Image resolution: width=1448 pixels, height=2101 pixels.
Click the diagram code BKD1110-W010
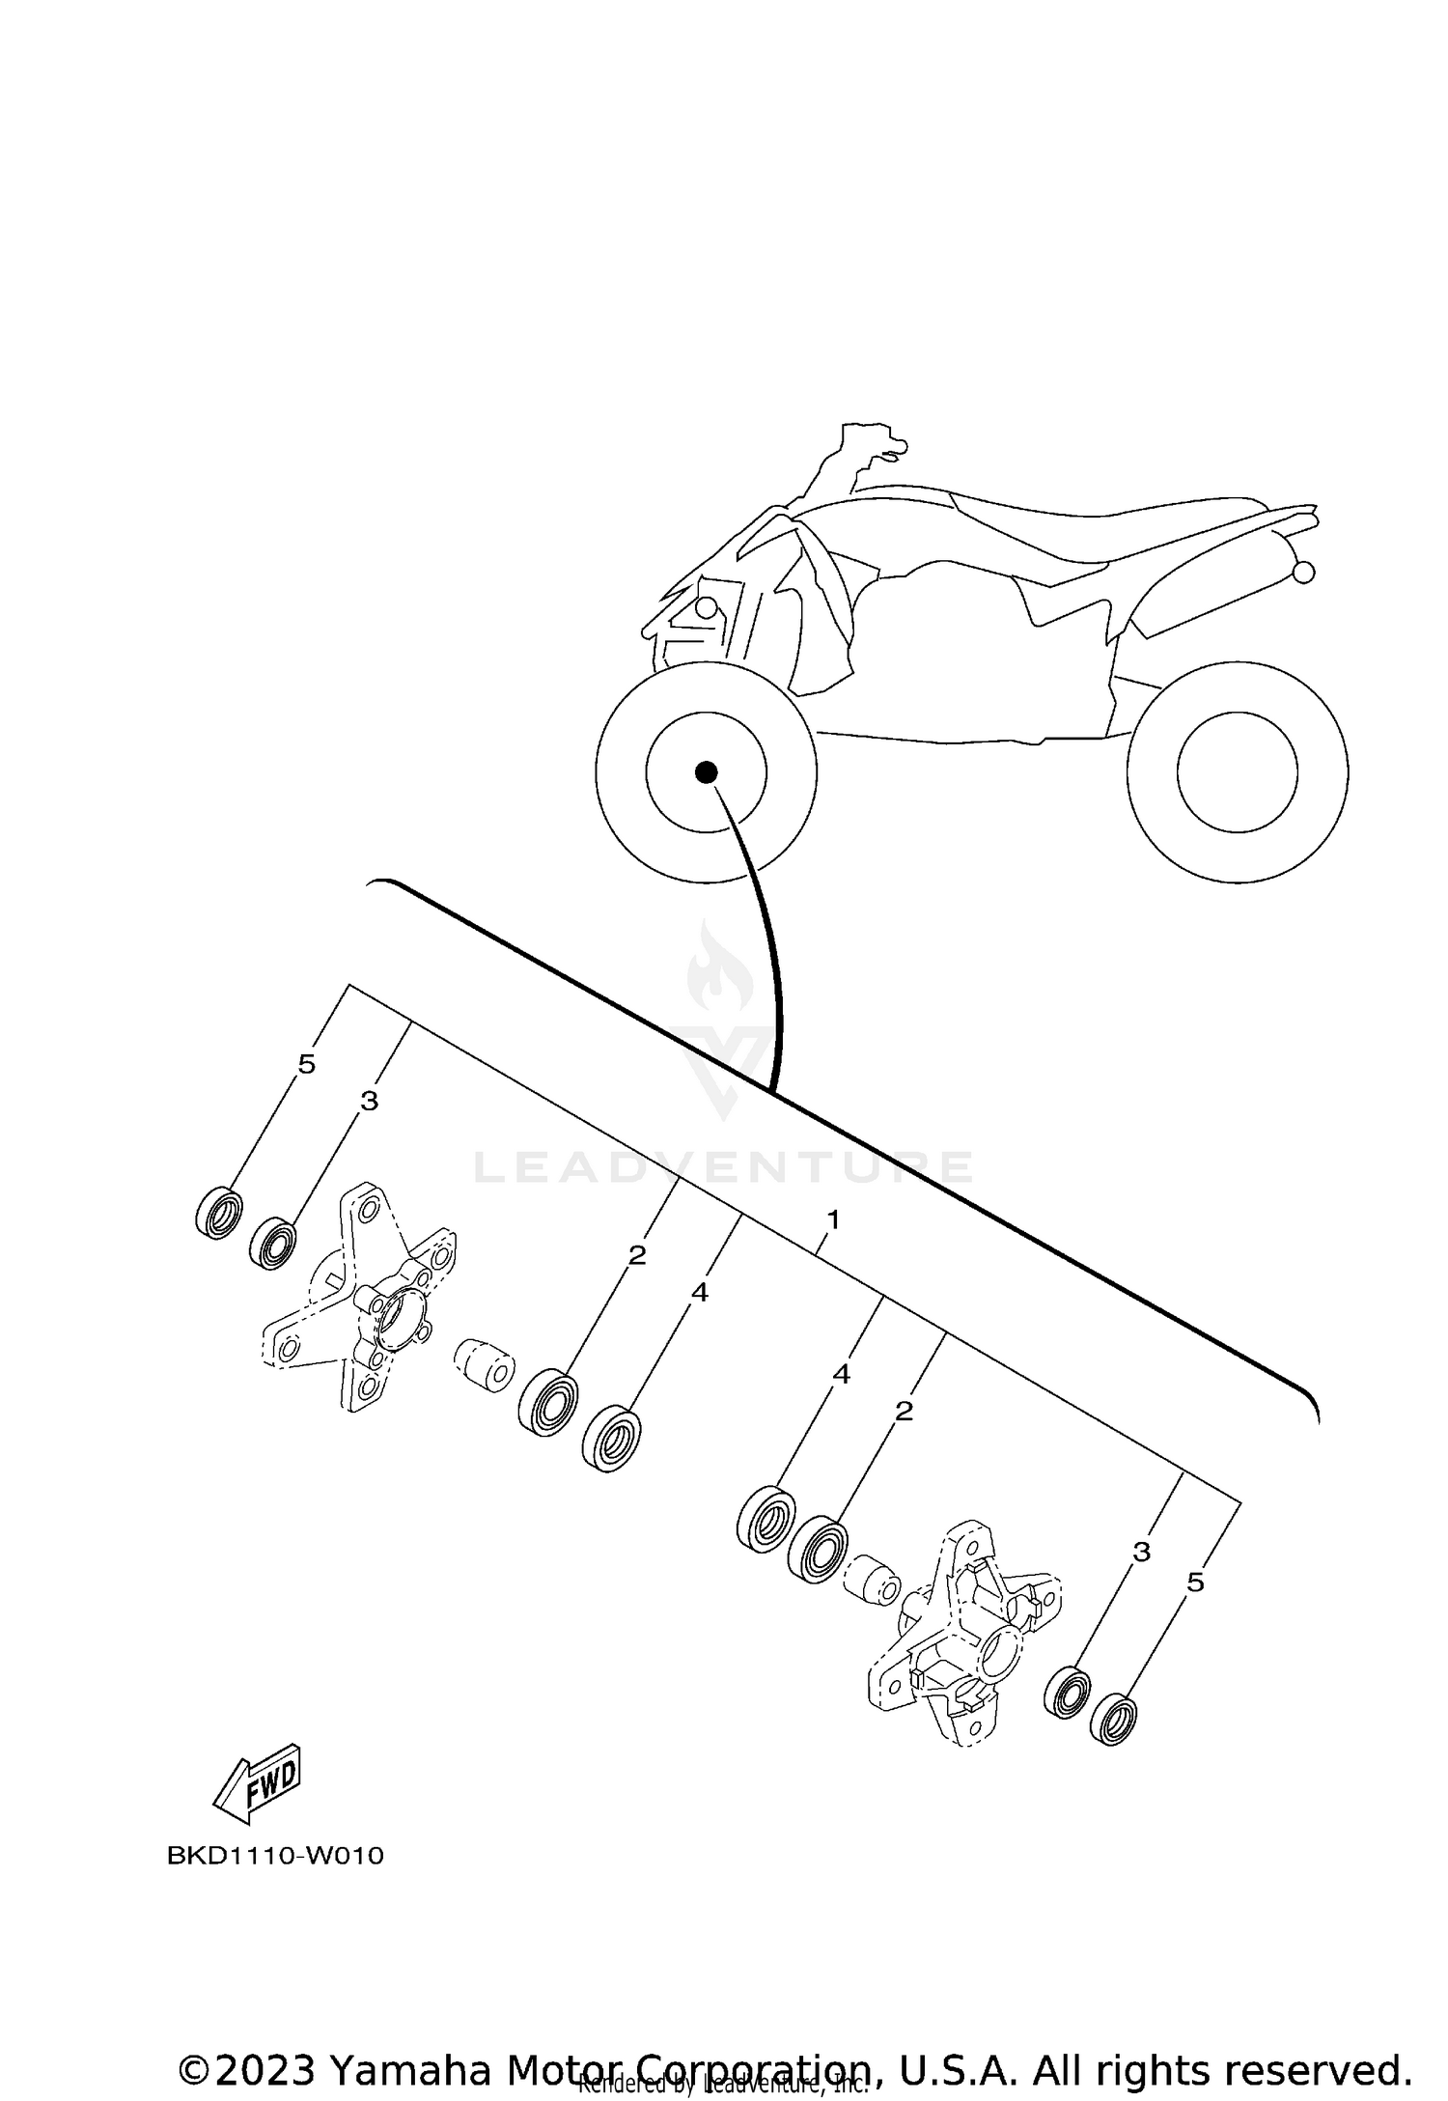pyautogui.click(x=275, y=1856)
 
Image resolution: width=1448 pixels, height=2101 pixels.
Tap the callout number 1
pyautogui.click(x=833, y=1219)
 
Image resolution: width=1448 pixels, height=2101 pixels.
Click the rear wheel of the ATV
pyautogui.click(x=1237, y=771)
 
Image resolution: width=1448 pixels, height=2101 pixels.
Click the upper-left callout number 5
pyautogui.click(x=306, y=1065)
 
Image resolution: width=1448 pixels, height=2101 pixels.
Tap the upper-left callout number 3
pyautogui.click(x=369, y=1101)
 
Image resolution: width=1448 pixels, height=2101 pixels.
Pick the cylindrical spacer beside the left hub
pyautogui.click(x=484, y=1366)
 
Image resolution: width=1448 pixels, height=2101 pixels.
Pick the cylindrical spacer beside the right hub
pyautogui.click(x=872, y=1582)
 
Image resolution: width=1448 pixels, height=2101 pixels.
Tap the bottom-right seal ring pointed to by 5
pyautogui.click(x=1113, y=1719)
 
